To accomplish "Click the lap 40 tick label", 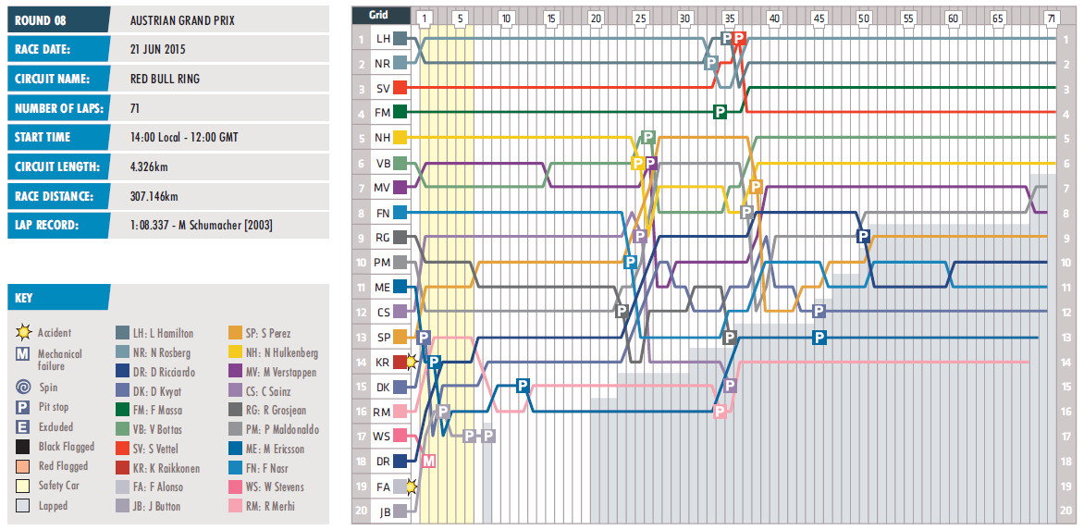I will pos(774,18).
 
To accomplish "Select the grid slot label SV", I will pos(382,88).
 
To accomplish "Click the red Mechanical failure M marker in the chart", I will pos(428,460).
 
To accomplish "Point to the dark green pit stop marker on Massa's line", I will pos(720,112).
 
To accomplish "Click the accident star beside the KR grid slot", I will pos(412,363).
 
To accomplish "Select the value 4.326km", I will pos(150,166).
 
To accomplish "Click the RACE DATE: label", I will pos(43,49).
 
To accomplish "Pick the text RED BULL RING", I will pos(165,79).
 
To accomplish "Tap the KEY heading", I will pos(25,298).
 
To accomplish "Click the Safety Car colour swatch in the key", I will pos(23,487).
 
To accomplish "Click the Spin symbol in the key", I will pos(23,388).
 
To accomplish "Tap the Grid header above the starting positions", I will pos(379,16).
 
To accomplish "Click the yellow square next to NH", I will pos(400,137).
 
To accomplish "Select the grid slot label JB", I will pos(382,510).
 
